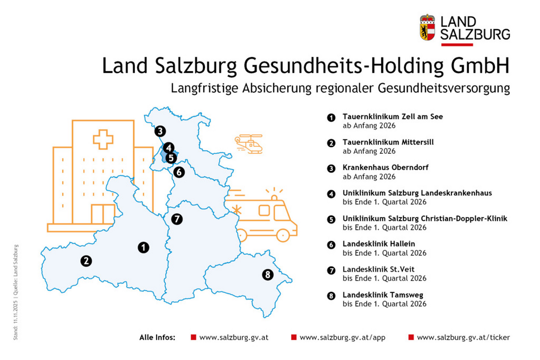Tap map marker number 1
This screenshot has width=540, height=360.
point(143,247)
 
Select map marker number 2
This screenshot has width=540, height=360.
point(86,261)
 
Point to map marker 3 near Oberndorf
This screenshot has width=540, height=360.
point(159,131)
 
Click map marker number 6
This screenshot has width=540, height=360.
point(179,172)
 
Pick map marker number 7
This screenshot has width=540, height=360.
point(176,219)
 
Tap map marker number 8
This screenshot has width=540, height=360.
point(267,275)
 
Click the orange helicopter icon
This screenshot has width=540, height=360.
point(248,144)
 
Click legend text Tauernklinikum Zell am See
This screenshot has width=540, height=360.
point(393,117)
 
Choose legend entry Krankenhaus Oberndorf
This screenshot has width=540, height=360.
point(386,168)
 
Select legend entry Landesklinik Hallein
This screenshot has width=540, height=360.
point(379,244)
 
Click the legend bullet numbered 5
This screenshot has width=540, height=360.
point(331,219)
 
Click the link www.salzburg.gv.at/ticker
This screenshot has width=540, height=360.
point(463,337)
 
